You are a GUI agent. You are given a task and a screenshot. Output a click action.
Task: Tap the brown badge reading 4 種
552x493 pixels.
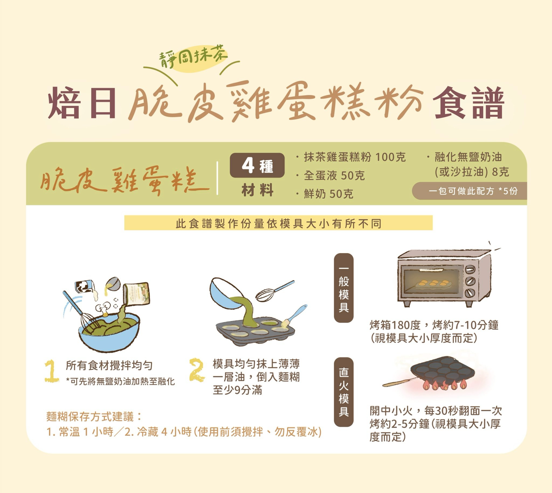tap(257, 165)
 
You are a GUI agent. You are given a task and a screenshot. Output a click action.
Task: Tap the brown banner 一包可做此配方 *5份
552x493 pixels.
tap(469, 191)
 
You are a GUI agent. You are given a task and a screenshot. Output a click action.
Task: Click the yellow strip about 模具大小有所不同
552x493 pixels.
tap(278, 223)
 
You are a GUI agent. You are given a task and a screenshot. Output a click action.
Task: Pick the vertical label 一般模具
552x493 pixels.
tap(343, 288)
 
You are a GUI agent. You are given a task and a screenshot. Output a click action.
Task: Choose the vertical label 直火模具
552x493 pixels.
tap(343, 392)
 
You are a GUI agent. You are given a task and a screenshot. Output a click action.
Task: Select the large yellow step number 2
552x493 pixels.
tap(196, 370)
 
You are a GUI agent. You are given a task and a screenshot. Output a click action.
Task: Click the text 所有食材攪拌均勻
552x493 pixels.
tap(109, 365)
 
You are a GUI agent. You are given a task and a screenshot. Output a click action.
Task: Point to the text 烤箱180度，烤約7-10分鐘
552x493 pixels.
tap(434, 325)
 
